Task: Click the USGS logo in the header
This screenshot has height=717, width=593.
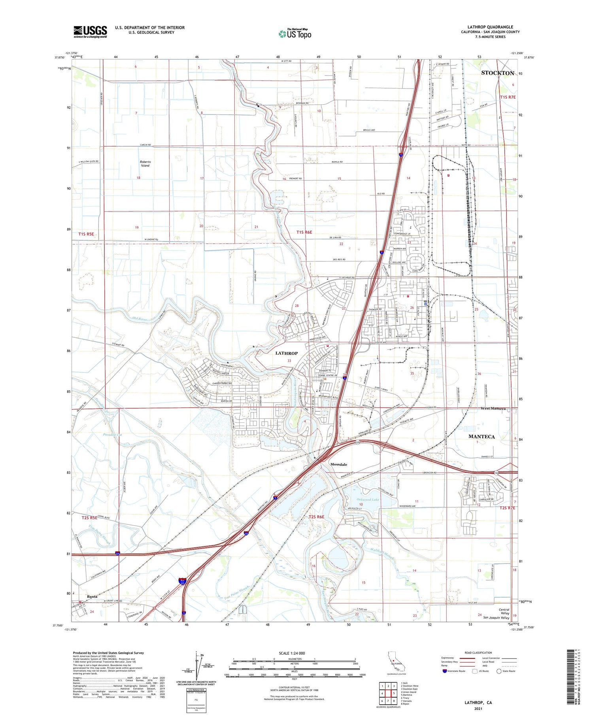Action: click(x=90, y=32)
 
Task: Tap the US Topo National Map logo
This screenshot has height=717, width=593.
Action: click(x=295, y=34)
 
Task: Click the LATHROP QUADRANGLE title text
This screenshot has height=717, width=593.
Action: click(x=490, y=27)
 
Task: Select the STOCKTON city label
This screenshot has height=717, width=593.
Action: click(x=497, y=73)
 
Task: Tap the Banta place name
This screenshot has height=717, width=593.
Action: click(x=92, y=596)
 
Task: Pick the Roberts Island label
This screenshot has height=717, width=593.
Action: click(x=145, y=164)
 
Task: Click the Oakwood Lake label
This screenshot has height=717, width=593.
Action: click(x=368, y=499)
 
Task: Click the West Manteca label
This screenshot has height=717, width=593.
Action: click(x=493, y=408)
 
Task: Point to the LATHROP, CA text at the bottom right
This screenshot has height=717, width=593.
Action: click(x=478, y=702)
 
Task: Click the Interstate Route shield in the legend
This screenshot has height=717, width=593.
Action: click(x=445, y=671)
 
